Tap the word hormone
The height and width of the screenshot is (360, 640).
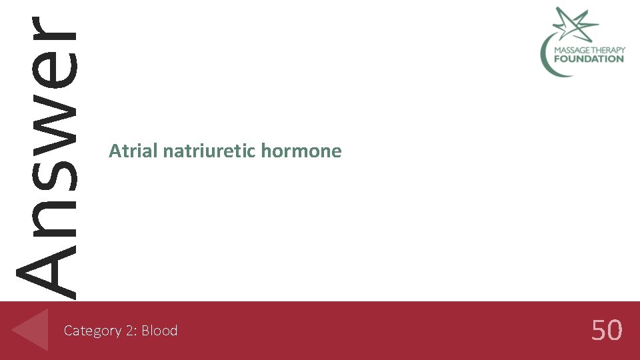301,151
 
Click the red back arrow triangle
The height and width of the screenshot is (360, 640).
32,329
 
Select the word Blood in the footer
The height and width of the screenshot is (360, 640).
159,331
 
